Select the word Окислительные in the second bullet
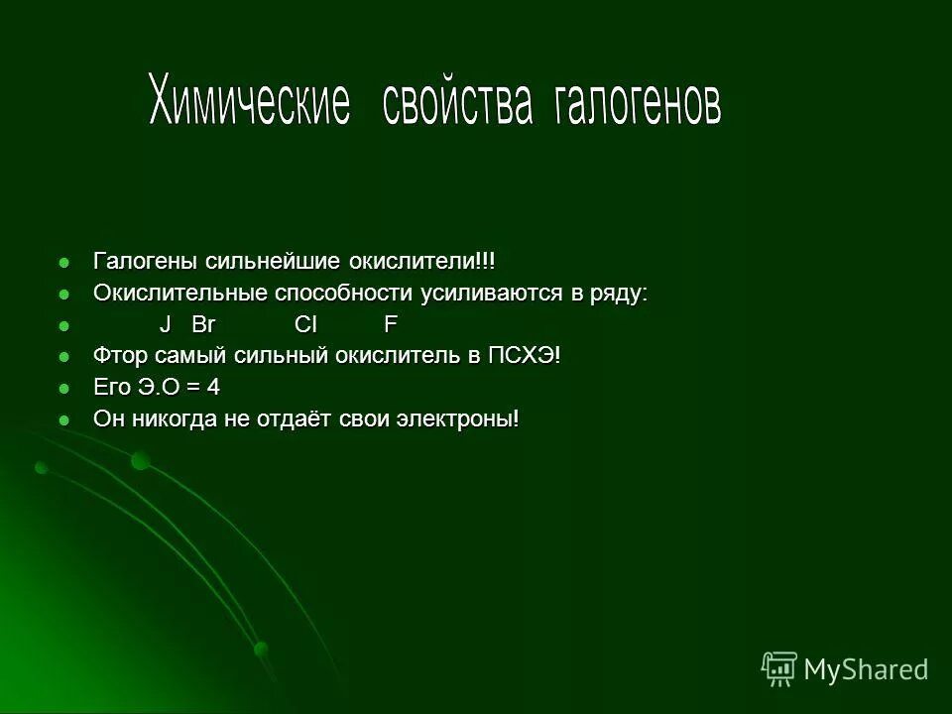(x=179, y=295)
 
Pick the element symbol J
(x=166, y=326)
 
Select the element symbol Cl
(x=305, y=326)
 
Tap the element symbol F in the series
(x=391, y=326)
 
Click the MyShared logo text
(x=865, y=669)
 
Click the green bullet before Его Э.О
(x=66, y=389)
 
